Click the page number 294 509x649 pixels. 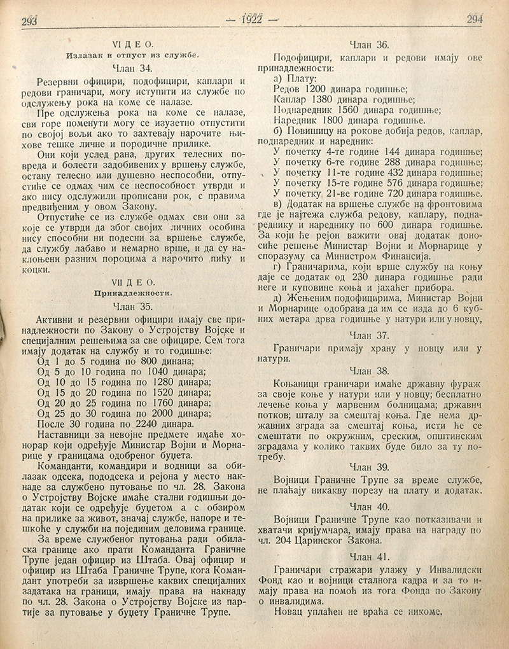(477, 18)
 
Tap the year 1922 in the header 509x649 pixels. (253, 20)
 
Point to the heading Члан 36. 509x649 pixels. (374, 45)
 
